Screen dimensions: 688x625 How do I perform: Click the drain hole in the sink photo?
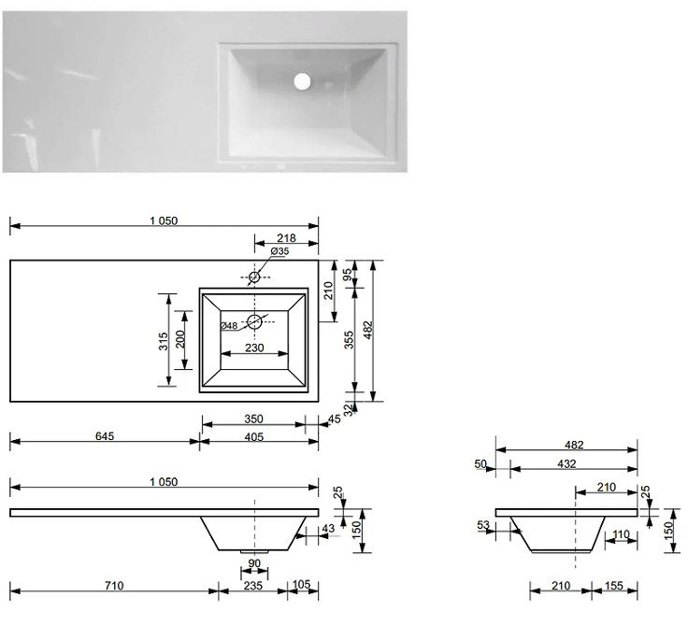point(302,81)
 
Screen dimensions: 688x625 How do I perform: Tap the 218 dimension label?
point(286,237)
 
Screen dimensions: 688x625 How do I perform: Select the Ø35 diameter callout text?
point(279,251)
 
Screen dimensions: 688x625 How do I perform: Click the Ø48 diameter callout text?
point(229,326)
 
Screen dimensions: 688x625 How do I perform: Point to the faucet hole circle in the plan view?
point(254,277)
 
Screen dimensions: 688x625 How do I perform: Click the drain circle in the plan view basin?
point(254,322)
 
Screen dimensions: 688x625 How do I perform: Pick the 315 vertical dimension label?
point(164,341)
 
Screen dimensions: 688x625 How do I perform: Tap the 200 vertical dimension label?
point(180,339)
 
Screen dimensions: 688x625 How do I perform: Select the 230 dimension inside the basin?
point(254,348)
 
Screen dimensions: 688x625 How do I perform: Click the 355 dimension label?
point(349,340)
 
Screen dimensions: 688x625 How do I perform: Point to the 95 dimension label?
point(347,275)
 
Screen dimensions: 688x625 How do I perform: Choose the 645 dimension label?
point(105,436)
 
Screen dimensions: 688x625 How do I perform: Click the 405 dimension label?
point(254,437)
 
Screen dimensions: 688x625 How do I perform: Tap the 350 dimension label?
point(253,419)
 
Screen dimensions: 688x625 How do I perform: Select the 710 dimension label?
point(114,586)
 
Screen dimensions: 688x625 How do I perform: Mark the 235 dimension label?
point(253,586)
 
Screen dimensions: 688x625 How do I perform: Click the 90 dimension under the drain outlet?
point(254,563)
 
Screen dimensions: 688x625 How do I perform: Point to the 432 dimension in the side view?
point(566,463)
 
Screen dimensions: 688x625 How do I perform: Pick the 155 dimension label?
point(614,586)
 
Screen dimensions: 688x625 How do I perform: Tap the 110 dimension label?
point(621,534)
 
